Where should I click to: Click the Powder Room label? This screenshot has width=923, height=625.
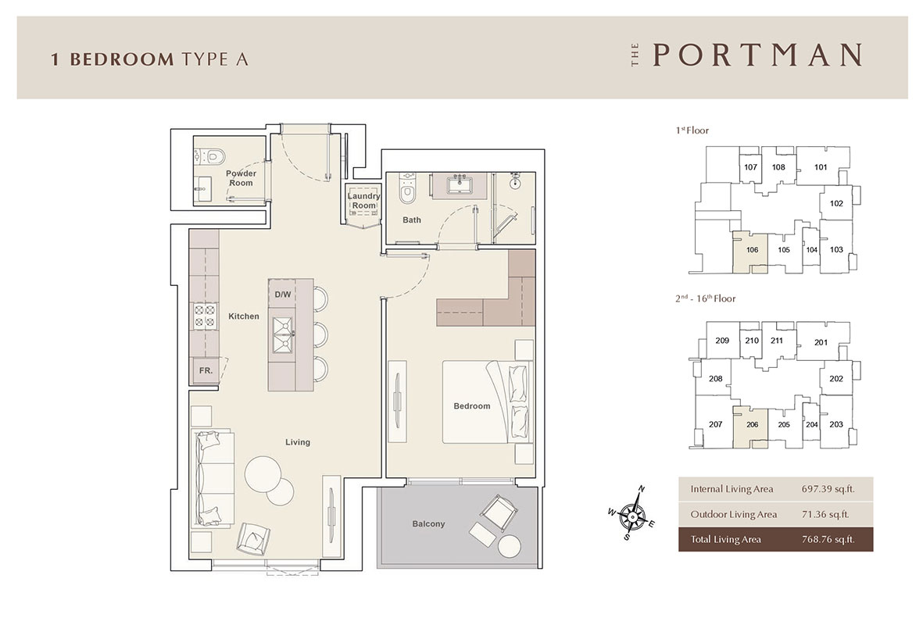coord(241,178)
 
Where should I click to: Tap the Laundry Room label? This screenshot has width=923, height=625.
coord(363,201)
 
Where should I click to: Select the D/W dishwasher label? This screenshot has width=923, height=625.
coord(282,295)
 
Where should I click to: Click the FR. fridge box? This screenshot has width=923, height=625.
coord(206,370)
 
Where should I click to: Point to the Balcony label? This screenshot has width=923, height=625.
coord(428,523)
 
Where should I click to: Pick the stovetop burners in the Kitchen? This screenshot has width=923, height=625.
coord(204,316)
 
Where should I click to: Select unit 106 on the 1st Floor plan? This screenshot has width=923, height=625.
coord(751,251)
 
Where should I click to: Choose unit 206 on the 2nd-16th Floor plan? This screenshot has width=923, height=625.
coord(752,424)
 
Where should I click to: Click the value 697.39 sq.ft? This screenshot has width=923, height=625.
coord(825,490)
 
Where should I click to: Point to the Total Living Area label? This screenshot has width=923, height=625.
coord(725,539)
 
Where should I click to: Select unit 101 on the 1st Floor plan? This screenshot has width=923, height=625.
coord(820,167)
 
